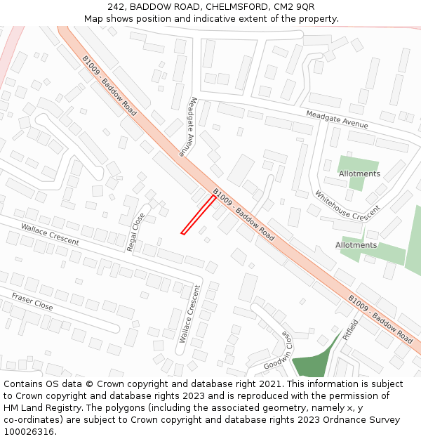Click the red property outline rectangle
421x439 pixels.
click(199, 215)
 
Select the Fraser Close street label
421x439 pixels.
click(32, 302)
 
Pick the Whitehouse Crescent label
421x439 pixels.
click(347, 204)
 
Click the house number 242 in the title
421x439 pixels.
click(116, 7)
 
